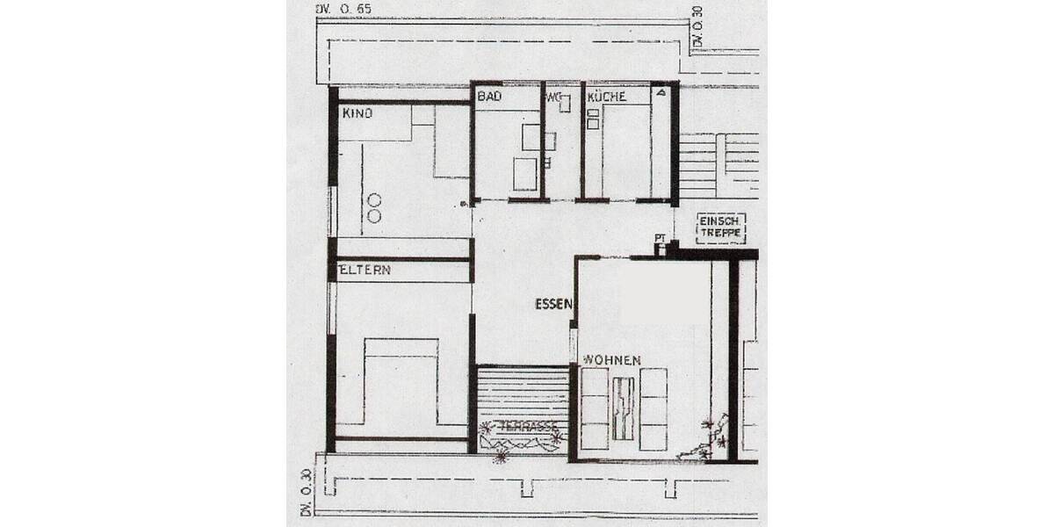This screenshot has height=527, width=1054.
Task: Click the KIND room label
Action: (x=357, y=113)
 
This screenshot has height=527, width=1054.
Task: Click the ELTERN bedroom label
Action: (x=365, y=271)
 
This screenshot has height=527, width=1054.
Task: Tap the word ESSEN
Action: (x=553, y=305)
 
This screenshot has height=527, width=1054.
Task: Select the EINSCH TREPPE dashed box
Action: (x=720, y=228)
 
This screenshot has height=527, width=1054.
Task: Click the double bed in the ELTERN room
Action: (x=401, y=382)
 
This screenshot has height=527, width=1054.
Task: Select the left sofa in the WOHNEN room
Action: (x=595, y=409)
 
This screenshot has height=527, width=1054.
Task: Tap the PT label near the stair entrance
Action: (x=659, y=238)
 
